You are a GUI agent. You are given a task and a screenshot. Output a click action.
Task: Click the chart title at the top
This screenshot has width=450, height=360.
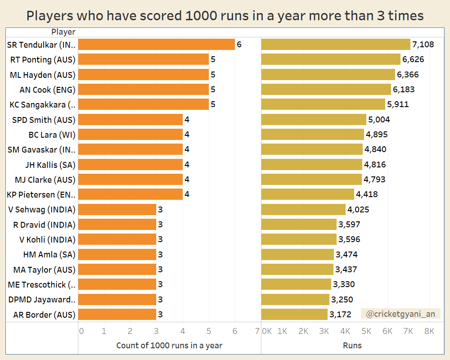pyautogui.click(x=225, y=16)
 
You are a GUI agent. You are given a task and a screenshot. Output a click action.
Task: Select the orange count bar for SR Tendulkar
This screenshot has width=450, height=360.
pyautogui.click(x=157, y=45)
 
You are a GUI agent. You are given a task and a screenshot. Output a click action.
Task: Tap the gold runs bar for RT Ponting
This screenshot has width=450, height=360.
pyautogui.click(x=331, y=59)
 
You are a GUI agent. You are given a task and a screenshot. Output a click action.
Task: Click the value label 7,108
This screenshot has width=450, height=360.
pyautogui.click(x=423, y=45)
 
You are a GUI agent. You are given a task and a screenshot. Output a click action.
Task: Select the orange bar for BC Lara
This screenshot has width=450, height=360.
pyautogui.click(x=130, y=135)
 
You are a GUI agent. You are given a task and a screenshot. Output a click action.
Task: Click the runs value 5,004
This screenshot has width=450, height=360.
pyautogui.click(x=379, y=120)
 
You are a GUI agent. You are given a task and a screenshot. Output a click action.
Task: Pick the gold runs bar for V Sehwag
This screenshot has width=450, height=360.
pyautogui.click(x=303, y=209)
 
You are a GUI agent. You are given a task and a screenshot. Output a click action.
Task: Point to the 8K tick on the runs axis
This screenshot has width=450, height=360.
pyautogui.click(x=429, y=331)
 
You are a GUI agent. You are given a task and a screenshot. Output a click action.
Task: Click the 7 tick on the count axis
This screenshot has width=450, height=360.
pyautogui.click(x=257, y=331)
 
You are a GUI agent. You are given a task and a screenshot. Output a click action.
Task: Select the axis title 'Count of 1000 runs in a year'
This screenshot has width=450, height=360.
pyautogui.click(x=169, y=346)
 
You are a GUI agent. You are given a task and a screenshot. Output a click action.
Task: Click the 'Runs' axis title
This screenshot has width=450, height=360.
pyautogui.click(x=352, y=346)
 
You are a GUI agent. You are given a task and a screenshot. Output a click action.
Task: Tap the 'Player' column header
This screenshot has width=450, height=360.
pyautogui.click(x=63, y=32)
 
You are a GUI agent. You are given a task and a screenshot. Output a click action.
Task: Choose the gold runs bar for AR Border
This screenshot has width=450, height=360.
pyautogui.click(x=294, y=314)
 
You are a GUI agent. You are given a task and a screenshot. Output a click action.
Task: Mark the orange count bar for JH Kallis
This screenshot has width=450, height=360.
pyautogui.click(x=130, y=164)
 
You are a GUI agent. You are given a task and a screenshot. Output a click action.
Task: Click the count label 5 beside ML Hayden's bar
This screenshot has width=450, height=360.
pyautogui.click(x=213, y=75)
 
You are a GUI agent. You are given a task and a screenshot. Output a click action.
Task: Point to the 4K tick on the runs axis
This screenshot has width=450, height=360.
pyautogui.click(x=345, y=331)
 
